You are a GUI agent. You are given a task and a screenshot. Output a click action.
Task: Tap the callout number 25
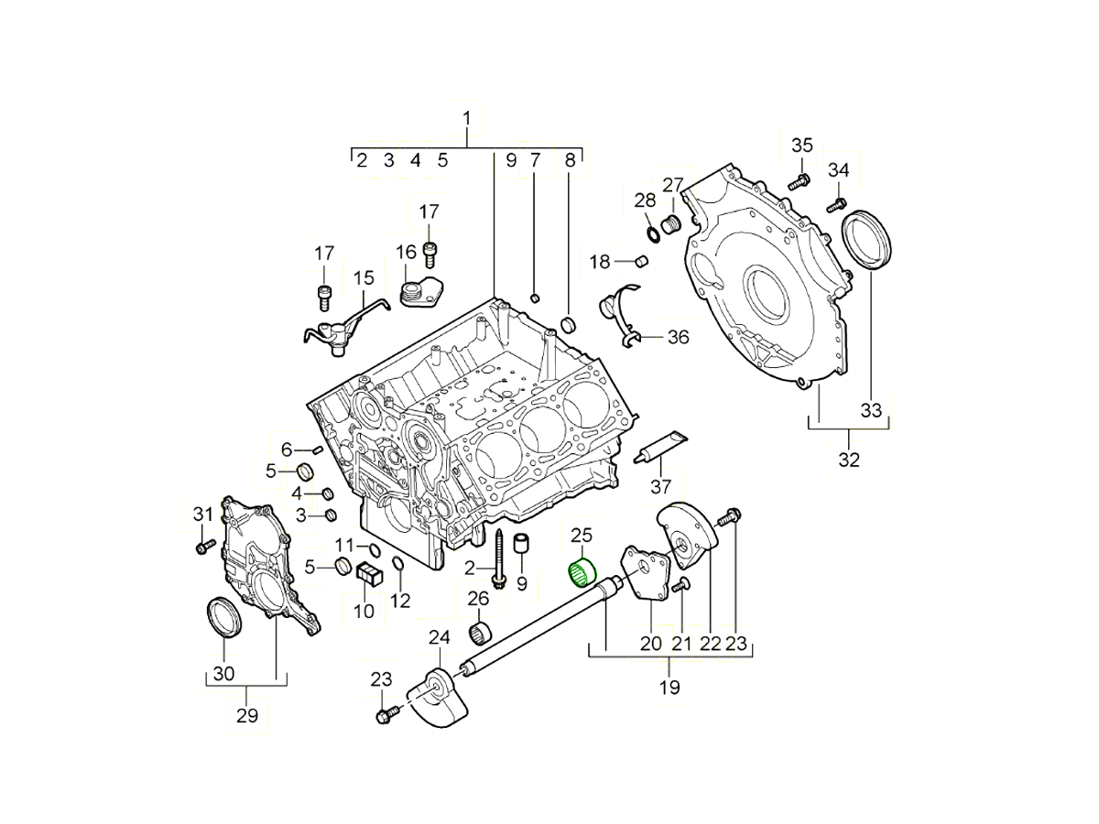click(582, 536)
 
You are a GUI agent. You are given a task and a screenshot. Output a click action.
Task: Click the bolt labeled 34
click(836, 205)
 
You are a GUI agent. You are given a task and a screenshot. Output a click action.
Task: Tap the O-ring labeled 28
click(650, 233)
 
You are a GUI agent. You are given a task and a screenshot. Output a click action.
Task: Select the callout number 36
click(678, 338)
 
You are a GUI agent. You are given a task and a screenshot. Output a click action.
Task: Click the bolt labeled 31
click(202, 547)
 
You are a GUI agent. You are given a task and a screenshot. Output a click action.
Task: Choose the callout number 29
click(247, 715)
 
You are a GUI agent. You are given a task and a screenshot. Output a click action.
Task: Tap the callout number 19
click(669, 687)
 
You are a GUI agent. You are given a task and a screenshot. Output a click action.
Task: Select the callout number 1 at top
click(467, 118)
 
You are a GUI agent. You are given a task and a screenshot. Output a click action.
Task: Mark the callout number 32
click(849, 459)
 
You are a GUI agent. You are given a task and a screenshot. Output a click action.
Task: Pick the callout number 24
click(439, 638)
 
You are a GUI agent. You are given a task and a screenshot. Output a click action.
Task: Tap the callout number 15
click(364, 277)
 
